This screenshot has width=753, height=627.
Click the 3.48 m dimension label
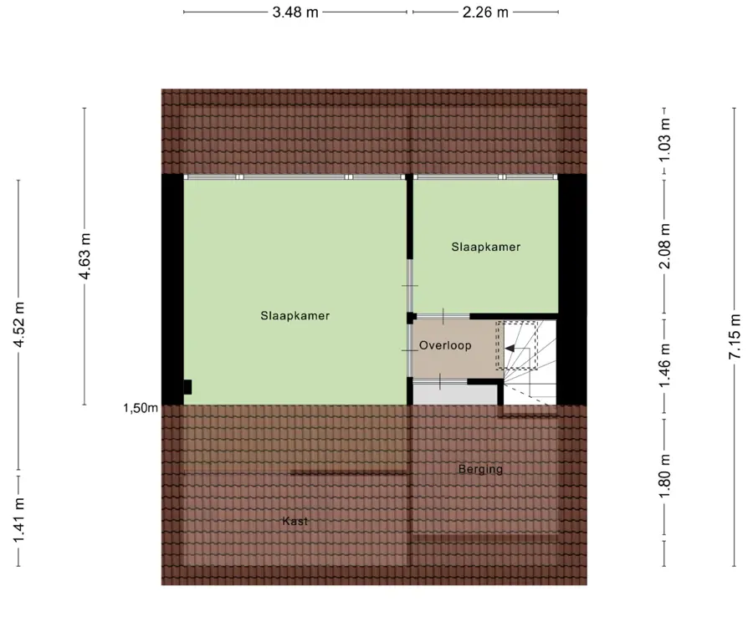(295, 12)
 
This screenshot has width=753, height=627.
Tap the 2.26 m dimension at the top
(485, 12)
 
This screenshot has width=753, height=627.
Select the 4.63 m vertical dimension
(85, 256)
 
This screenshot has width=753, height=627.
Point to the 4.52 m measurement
(18, 324)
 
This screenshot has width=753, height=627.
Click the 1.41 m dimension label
(18, 521)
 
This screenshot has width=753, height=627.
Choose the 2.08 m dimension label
(664, 246)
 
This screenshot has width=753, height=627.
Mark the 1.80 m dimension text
(664, 477)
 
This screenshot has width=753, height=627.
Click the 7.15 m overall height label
(735, 336)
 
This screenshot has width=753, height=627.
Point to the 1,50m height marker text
(141, 408)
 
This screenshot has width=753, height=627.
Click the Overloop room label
(445, 345)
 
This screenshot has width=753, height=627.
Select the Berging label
(480, 469)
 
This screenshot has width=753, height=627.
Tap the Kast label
(295, 521)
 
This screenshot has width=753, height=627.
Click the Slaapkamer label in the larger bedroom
(295, 316)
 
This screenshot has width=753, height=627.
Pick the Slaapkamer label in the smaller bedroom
(485, 247)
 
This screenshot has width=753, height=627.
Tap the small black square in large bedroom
(187, 387)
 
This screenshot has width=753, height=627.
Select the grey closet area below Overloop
(455, 395)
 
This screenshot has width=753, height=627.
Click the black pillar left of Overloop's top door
(411, 318)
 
